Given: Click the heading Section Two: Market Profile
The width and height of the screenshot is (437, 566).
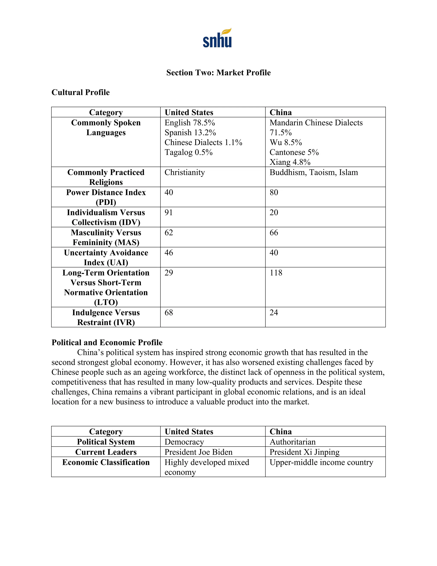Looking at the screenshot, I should click(218, 73).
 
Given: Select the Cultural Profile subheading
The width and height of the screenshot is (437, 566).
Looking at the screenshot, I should click(80, 92).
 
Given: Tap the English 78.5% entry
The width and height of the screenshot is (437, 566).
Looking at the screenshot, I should click(189, 123).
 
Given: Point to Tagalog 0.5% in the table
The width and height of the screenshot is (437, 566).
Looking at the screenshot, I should click(188, 152).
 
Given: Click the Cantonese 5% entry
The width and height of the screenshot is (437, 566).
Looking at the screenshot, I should click(294, 152).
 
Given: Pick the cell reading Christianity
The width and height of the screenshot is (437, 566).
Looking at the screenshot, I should click(185, 172).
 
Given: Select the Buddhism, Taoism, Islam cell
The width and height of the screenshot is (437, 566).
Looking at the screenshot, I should click(313, 172).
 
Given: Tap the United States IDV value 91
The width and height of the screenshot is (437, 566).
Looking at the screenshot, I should click(169, 213).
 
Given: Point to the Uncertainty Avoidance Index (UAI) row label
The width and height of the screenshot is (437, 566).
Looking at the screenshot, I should click(106, 257).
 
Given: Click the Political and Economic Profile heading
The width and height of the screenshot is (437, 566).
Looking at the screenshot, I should click(107, 343).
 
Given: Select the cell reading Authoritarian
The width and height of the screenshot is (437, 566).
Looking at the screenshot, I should click(293, 442).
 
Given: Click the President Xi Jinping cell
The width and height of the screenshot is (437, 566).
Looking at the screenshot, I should click(304, 452).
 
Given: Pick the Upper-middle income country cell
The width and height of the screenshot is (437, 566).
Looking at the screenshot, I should click(321, 463).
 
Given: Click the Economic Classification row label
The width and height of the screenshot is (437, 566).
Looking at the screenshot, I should click(106, 463).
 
